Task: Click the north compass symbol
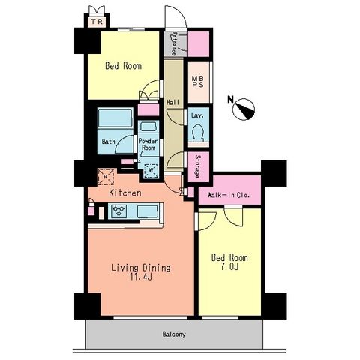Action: pos(243,109)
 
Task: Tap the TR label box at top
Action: pos(97,22)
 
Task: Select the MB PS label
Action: pos(198,82)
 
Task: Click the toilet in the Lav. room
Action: pos(198,133)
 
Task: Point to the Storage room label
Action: pos(198,166)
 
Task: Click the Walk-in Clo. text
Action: pos(229,195)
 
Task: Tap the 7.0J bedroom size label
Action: pos(229,267)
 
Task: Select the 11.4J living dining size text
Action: pos(140,277)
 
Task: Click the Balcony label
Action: pos(174,334)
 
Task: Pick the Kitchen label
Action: pos(125,193)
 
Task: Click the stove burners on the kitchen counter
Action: pos(118,211)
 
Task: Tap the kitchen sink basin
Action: pos(148,211)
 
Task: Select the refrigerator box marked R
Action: pos(106,177)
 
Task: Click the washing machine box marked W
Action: pos(151,170)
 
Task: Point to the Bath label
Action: pos(109,142)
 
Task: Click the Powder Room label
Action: pos(148,144)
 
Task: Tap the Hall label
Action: pos(172,102)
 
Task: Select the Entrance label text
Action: pos(173,43)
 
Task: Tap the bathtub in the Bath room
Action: pos(115,118)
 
